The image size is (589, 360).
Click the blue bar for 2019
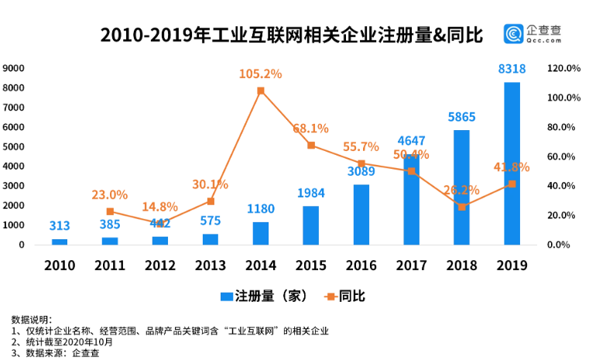[512, 163]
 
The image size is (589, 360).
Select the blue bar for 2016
[361, 214]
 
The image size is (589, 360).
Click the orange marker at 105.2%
[261, 91]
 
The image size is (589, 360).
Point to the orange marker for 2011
[110, 211]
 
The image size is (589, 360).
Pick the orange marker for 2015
[311, 146]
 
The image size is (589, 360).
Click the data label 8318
[512, 70]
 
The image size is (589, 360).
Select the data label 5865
[462, 118]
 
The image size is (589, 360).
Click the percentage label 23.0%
[110, 195]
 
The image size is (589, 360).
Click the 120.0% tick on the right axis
[564, 68]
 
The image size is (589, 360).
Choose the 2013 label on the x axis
[211, 266]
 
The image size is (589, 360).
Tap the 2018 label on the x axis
[462, 266]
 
